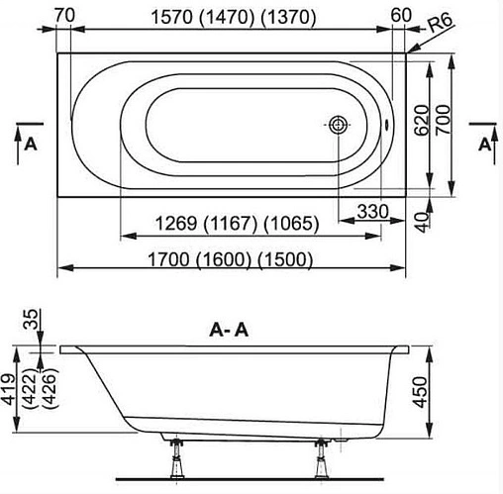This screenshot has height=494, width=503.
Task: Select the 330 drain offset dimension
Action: [371, 212]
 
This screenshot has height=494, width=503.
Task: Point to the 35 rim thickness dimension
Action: [31, 318]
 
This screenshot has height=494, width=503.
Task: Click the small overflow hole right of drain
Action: [385, 127]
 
